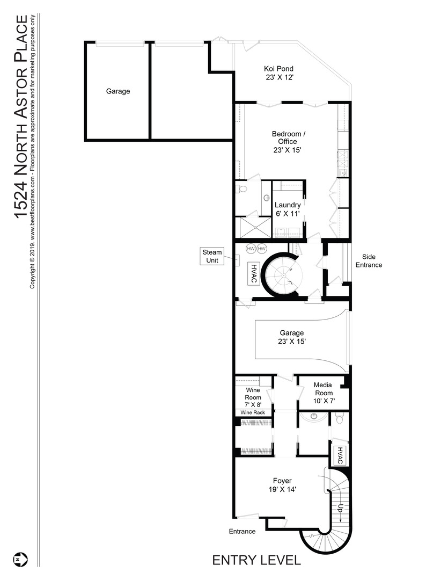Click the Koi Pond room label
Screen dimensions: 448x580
[279, 73]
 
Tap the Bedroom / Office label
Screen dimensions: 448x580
[288, 142]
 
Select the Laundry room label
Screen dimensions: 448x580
[288, 209]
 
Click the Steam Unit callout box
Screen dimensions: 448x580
[212, 256]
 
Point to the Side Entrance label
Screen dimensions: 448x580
[369, 261]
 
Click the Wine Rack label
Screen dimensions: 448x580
[253, 412]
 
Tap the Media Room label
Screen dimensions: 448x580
[324, 393]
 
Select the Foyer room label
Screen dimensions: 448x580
[282, 485]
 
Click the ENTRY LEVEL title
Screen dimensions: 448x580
[256, 560]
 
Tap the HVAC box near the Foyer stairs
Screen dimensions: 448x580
[339, 455]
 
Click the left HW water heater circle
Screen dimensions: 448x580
[251, 249]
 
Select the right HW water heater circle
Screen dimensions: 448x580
[262, 249]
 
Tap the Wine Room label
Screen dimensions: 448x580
[253, 397]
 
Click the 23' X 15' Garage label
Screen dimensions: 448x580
[292, 337]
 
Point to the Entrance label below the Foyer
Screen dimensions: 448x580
[242, 531]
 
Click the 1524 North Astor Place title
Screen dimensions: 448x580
[21, 117]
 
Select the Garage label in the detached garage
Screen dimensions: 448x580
[118, 91]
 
